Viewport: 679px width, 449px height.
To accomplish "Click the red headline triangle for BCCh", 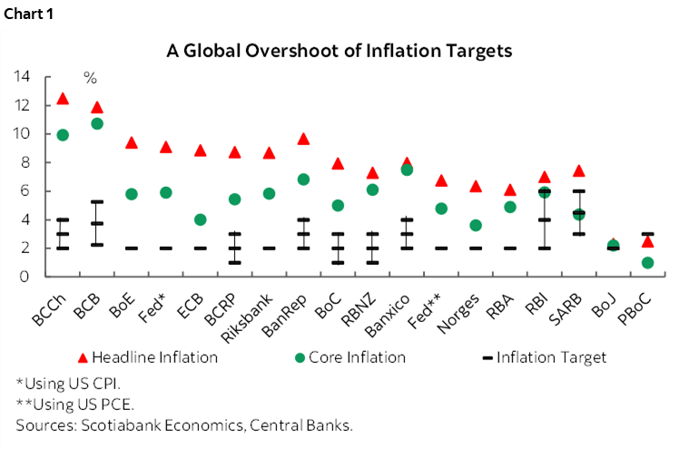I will [x=63, y=98].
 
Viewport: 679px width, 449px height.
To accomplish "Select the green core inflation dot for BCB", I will [x=97, y=123].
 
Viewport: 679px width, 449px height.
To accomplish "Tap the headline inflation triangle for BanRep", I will [x=304, y=139].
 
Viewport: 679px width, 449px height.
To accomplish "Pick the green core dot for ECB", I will [x=201, y=220].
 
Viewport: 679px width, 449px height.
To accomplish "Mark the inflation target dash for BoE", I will [x=132, y=248].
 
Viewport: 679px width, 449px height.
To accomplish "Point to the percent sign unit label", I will [x=90, y=77].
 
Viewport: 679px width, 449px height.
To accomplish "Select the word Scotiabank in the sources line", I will [x=103, y=425].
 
